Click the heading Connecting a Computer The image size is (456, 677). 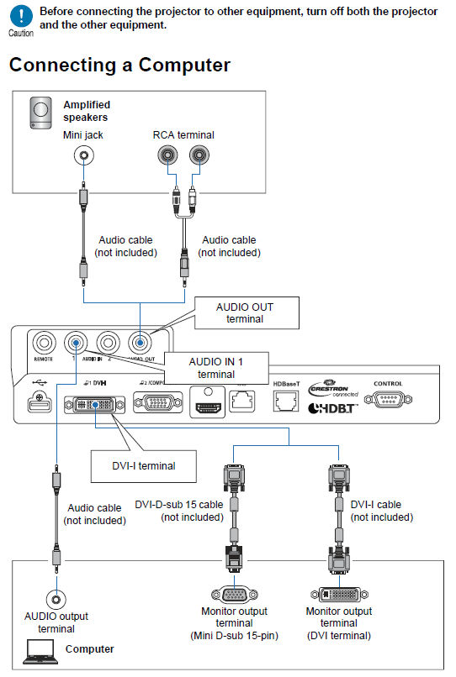pos(119,65)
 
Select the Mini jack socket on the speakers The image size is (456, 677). pos(82,155)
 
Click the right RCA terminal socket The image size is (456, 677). pos(199,155)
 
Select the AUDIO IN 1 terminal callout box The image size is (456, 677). pos(216,366)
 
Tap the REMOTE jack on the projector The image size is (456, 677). pos(44,342)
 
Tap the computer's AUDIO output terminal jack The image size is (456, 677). pos(56,599)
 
